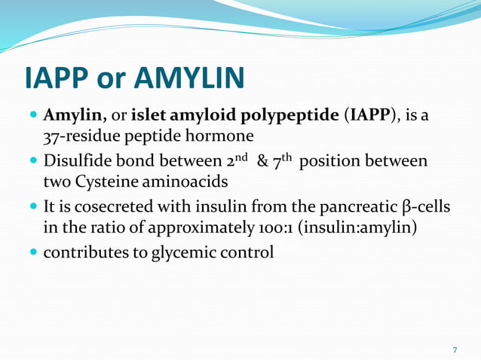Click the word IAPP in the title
click(58, 77)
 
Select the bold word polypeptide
click(294, 117)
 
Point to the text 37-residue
click(79, 138)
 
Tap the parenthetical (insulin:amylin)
click(357, 228)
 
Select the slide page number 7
click(455, 349)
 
